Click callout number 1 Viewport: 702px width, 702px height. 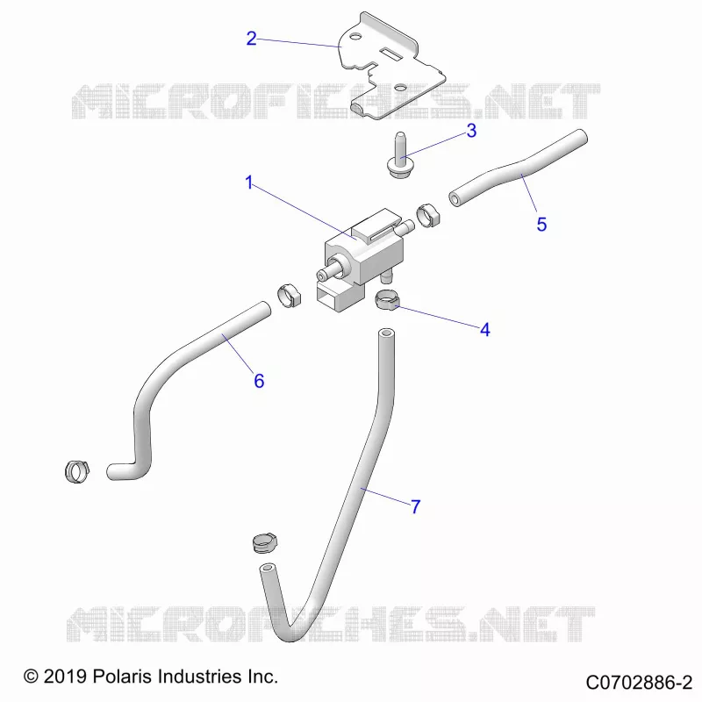click(249, 183)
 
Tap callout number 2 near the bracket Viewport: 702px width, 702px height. click(252, 39)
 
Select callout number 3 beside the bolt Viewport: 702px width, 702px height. click(471, 131)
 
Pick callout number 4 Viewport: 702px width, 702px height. click(485, 330)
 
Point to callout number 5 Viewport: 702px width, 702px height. click(541, 225)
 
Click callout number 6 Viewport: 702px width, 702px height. click(259, 381)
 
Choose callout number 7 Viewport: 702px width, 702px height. click(416, 507)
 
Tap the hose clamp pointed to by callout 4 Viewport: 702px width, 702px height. click(386, 299)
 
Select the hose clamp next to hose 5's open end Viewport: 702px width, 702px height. click(428, 215)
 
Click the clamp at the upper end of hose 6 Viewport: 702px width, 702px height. click(290, 296)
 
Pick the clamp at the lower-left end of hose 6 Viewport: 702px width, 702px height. click(77, 471)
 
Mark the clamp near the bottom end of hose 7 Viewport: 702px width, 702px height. click(265, 542)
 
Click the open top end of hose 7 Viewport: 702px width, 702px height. click(386, 334)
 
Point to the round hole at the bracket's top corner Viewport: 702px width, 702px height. click(355, 36)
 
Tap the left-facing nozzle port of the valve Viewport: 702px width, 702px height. click(329, 270)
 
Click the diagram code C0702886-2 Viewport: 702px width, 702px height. click(640, 683)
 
